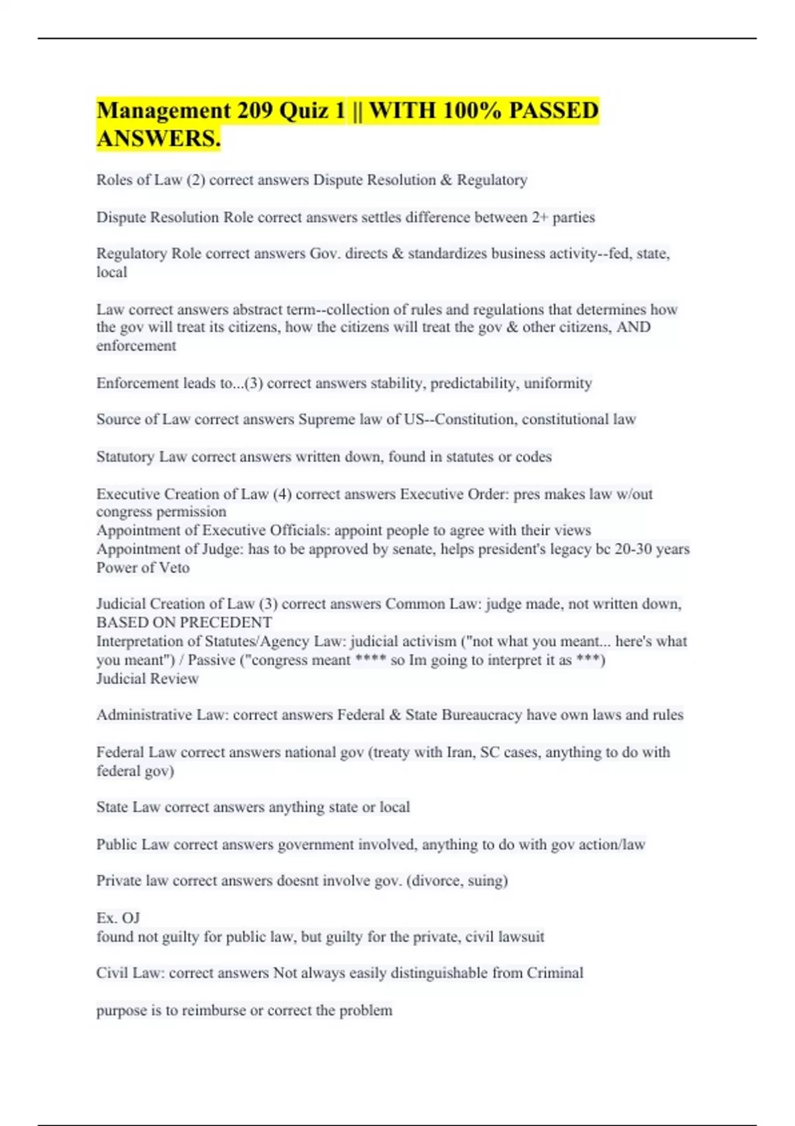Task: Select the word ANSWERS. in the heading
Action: tap(158, 139)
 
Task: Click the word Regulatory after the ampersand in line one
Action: tap(492, 180)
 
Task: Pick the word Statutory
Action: tap(125, 456)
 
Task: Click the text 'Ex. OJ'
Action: tap(118, 918)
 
